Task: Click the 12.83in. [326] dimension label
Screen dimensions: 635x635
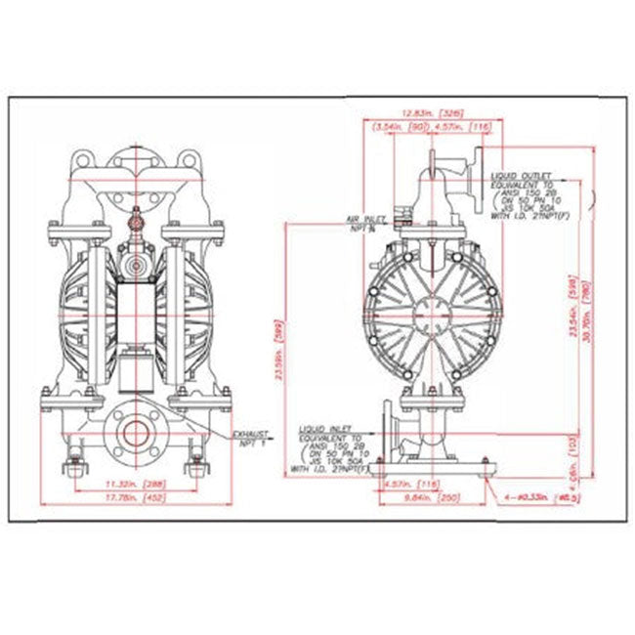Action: tap(432, 115)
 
